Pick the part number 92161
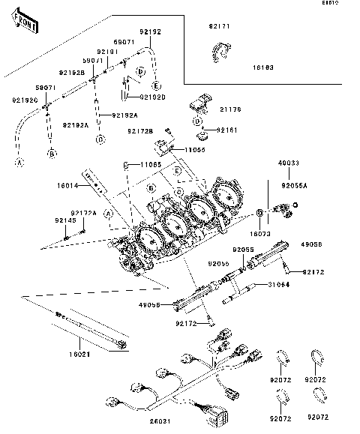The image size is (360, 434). [226, 130]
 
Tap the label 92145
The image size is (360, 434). [64, 221]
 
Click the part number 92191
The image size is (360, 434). [107, 52]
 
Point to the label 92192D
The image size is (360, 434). [152, 97]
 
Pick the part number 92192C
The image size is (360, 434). [23, 99]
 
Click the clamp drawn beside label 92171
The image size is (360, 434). [220, 49]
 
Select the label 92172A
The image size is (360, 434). [85, 213]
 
